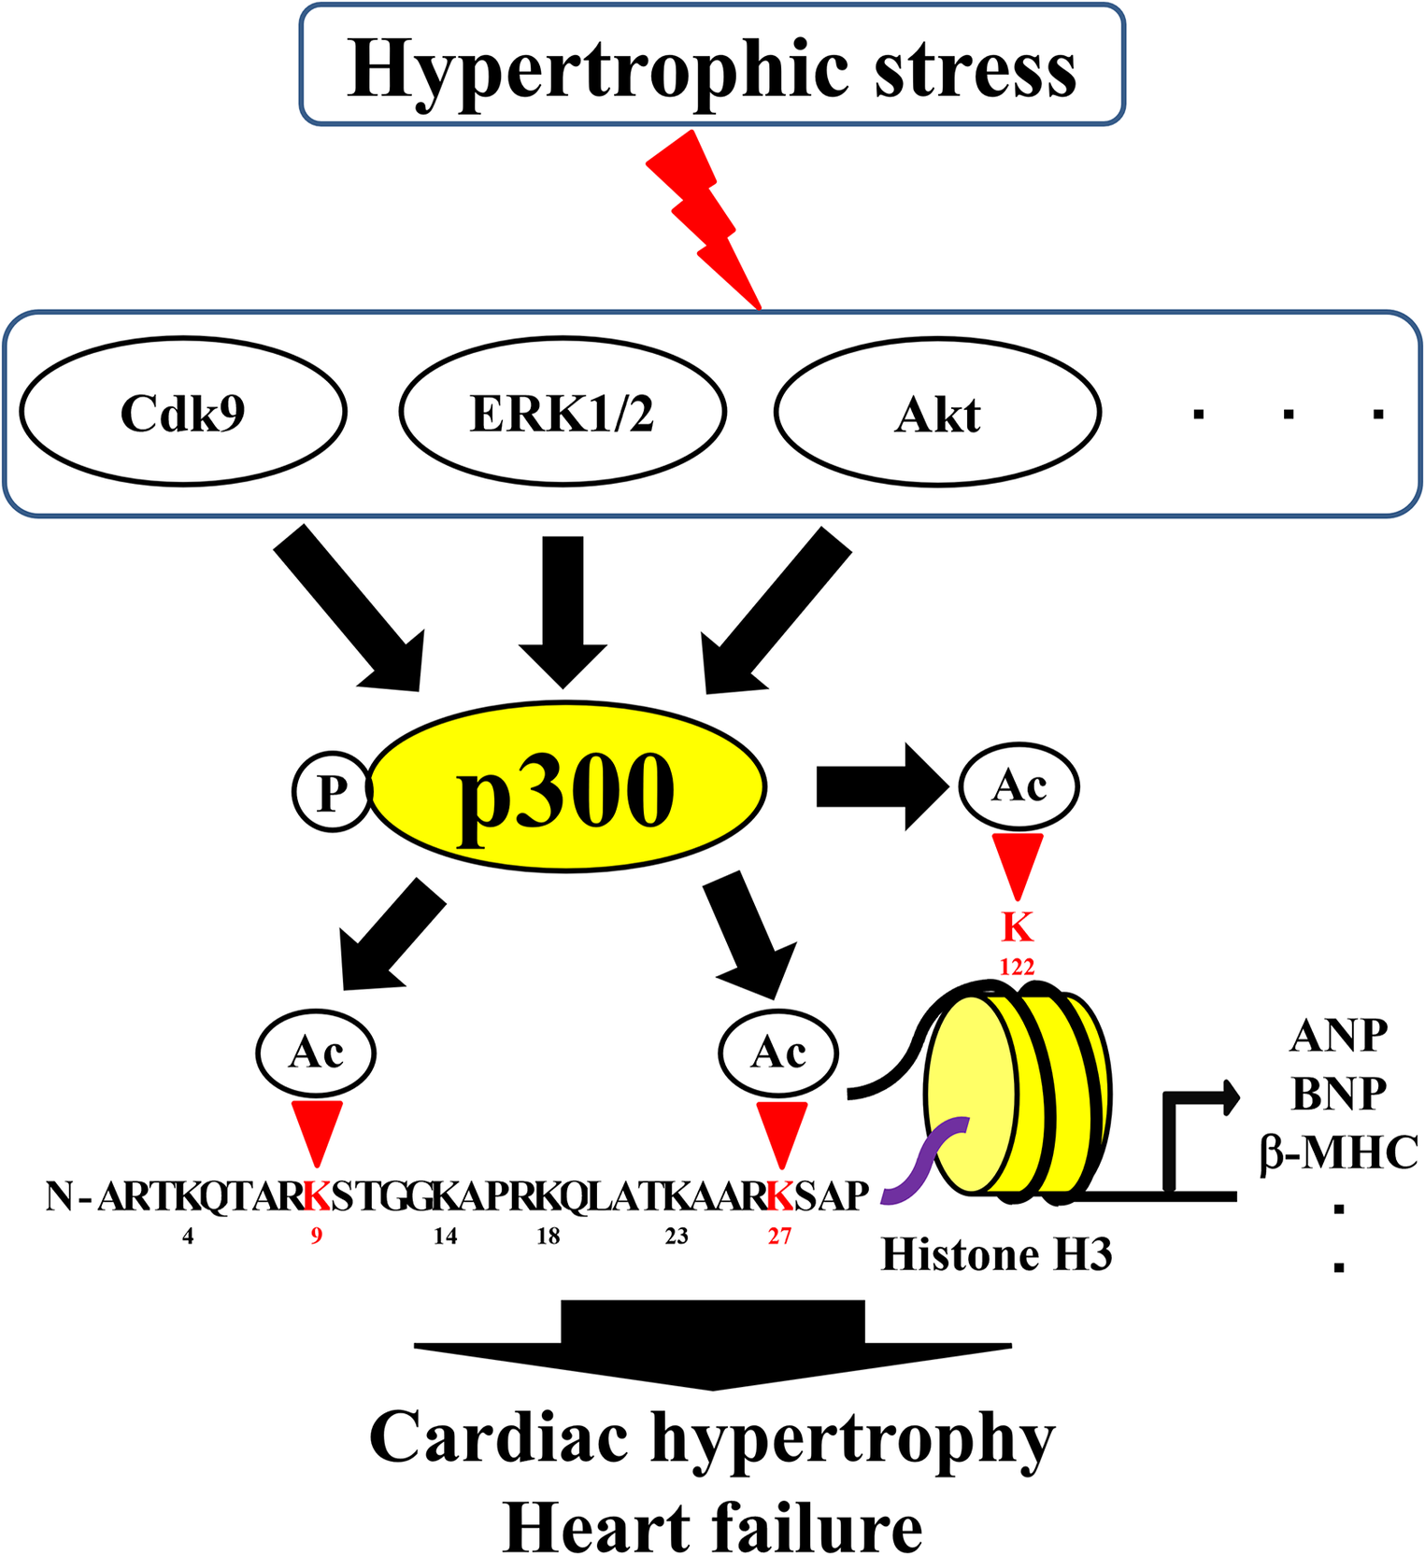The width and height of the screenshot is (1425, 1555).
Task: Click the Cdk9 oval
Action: point(183,412)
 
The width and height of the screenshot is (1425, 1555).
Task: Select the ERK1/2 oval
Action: point(563,412)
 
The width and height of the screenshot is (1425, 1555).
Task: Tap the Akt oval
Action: point(937,412)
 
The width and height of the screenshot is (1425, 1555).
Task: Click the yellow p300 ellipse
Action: point(568,787)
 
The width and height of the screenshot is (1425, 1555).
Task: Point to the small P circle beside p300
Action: point(332,792)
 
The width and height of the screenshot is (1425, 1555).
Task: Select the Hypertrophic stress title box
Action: point(712,64)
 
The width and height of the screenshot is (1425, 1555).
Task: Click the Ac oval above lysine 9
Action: point(316,1053)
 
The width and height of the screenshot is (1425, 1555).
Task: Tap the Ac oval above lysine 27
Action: point(778,1053)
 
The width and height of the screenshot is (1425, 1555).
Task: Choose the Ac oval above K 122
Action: point(1019,785)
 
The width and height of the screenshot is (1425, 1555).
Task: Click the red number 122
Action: point(1017,968)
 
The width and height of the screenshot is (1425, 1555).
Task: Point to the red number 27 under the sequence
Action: point(779,1237)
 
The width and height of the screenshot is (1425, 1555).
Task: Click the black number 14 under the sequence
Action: point(445,1237)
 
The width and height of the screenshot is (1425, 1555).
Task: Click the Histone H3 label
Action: point(996,1254)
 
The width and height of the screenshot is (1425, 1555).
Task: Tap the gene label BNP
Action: point(1338,1093)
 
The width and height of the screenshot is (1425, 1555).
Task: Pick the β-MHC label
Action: point(1338,1152)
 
